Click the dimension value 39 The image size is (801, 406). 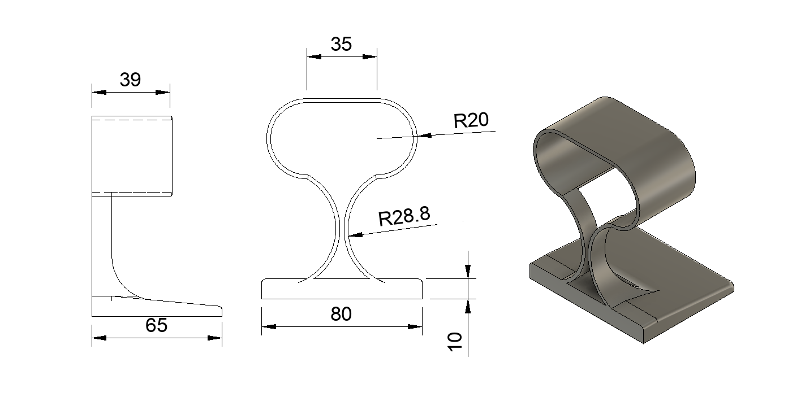pos(130,80)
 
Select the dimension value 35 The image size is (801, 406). pos(341,44)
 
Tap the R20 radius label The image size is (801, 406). pos(471,120)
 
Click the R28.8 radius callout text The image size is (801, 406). pos(404,216)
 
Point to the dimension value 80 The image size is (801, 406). pos(341,314)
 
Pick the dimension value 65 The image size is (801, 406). pos(156,325)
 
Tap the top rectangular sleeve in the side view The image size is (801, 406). pos(131,156)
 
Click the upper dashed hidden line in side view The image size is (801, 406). pos(131,120)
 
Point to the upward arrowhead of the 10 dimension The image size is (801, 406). pos(468,305)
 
